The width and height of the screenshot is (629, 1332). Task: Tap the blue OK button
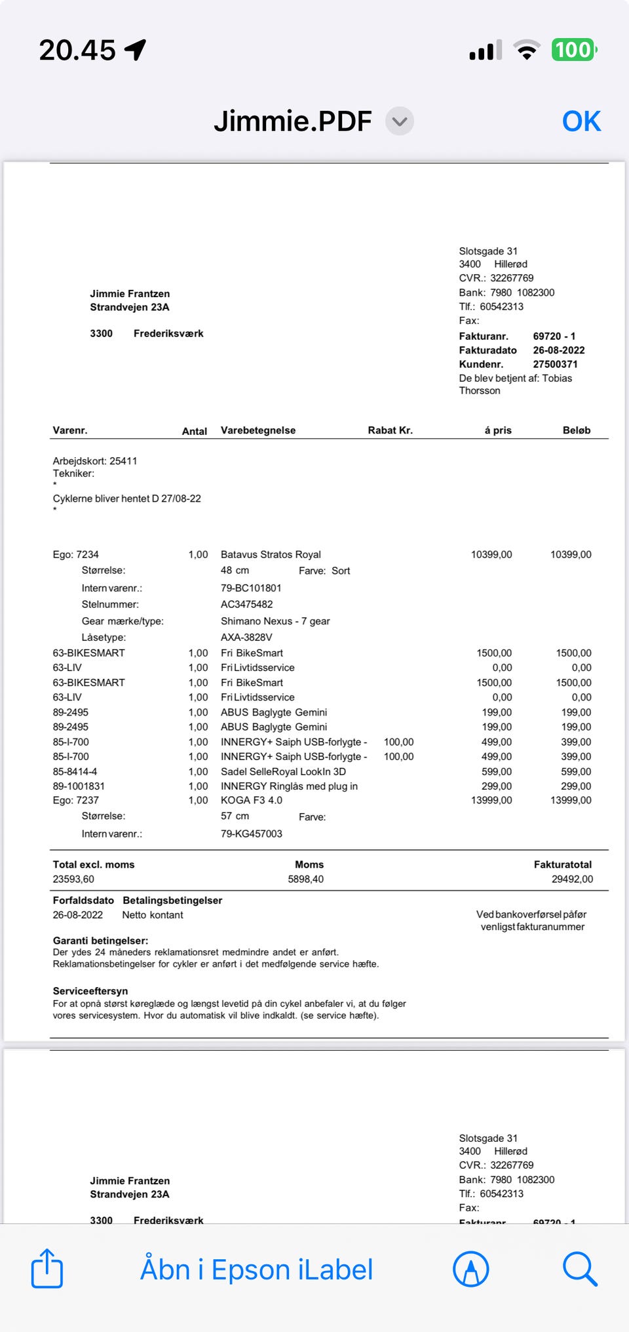[581, 121]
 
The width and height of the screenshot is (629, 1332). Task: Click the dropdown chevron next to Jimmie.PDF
[400, 121]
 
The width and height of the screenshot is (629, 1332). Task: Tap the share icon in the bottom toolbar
[47, 1268]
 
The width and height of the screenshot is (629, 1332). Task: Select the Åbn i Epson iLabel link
[256, 1270]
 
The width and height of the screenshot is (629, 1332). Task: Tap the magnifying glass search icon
[580, 1268]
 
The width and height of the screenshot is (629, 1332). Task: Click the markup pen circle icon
[470, 1268]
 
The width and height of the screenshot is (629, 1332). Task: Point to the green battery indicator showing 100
[573, 50]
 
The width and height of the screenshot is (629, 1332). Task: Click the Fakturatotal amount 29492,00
[572, 879]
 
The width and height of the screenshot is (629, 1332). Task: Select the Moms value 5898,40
[305, 879]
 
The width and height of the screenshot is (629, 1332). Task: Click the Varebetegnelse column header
[258, 430]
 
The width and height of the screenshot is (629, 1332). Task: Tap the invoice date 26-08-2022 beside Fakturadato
[558, 350]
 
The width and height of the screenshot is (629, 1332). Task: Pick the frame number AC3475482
[246, 604]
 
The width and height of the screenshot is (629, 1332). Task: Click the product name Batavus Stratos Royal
[271, 554]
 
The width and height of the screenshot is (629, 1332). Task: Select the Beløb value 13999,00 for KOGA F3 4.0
[571, 800]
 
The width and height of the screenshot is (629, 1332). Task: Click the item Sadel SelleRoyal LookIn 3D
[283, 771]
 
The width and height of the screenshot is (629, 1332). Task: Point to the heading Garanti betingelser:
[100, 940]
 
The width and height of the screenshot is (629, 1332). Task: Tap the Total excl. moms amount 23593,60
[73, 879]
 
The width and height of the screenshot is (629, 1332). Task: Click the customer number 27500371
[555, 364]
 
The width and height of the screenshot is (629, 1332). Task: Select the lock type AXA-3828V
[246, 637]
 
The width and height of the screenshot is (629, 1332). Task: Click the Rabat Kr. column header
[390, 430]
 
